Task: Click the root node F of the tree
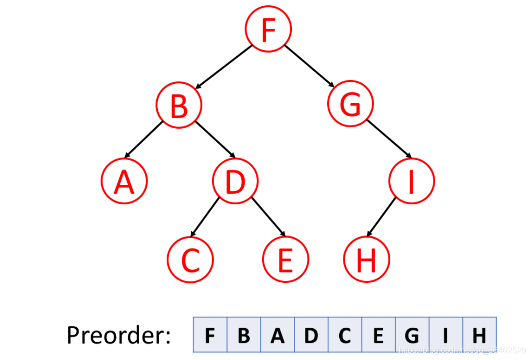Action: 268,30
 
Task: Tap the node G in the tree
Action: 350,105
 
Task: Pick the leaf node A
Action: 124,181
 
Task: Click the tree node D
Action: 235,181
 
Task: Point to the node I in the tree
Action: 411,181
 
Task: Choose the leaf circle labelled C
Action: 190,259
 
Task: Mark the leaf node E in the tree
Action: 286,259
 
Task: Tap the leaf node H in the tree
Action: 366,259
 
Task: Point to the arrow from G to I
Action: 389,138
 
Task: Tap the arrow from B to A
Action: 144,139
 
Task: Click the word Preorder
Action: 119,336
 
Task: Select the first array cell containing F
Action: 209,335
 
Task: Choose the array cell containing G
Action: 412,335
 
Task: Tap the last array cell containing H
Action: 479,335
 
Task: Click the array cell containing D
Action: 311,335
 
